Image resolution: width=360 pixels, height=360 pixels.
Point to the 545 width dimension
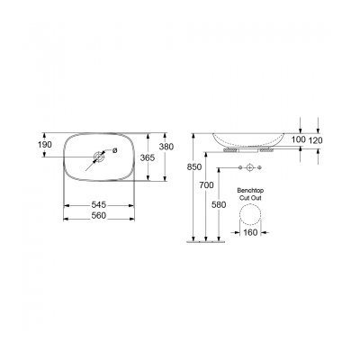tap(98, 205)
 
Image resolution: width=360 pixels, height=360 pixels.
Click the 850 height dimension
tap(184, 167)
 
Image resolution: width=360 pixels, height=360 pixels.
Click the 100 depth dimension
tap(299, 141)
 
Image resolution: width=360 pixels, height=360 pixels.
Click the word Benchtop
tap(248, 191)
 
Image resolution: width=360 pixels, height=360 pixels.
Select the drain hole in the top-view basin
tap(96, 158)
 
